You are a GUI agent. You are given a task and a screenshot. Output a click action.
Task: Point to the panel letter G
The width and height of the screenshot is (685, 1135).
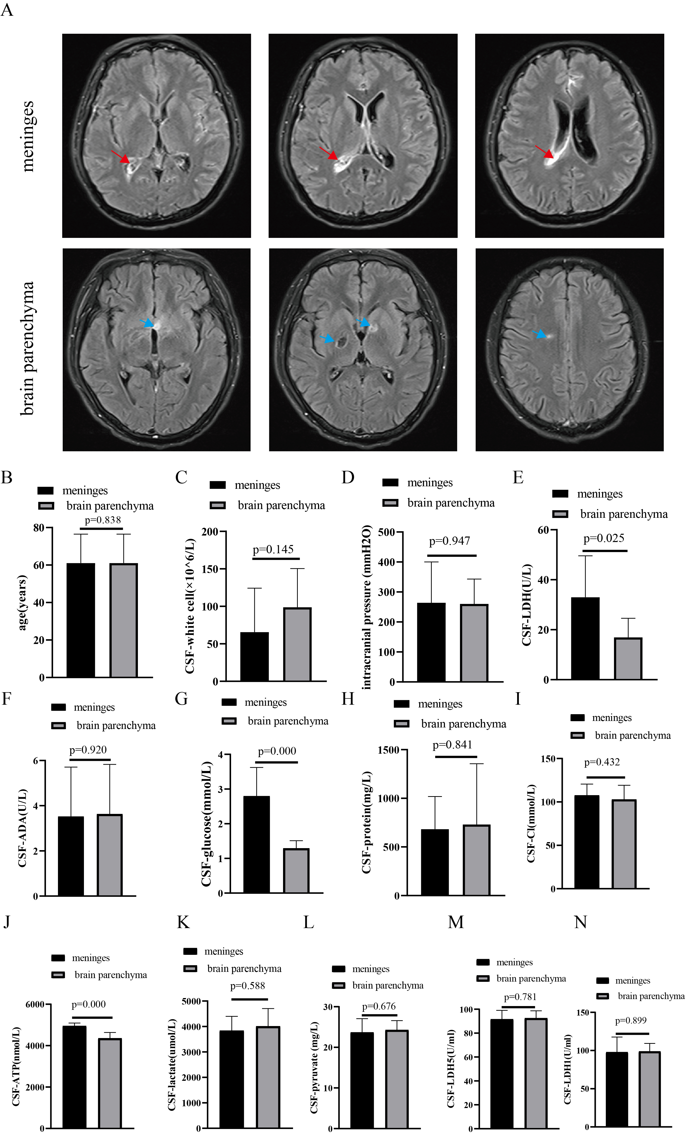[181, 699]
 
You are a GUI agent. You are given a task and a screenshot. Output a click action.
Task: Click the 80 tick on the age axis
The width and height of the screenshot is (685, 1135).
[39, 528]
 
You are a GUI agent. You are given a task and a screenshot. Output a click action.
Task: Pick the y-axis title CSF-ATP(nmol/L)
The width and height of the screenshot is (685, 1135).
[16, 1066]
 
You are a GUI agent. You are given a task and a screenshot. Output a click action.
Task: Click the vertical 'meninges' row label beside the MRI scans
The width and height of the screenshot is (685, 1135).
[28, 136]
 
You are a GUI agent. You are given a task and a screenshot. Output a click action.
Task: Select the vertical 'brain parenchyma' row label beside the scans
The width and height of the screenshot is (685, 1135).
[28, 348]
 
